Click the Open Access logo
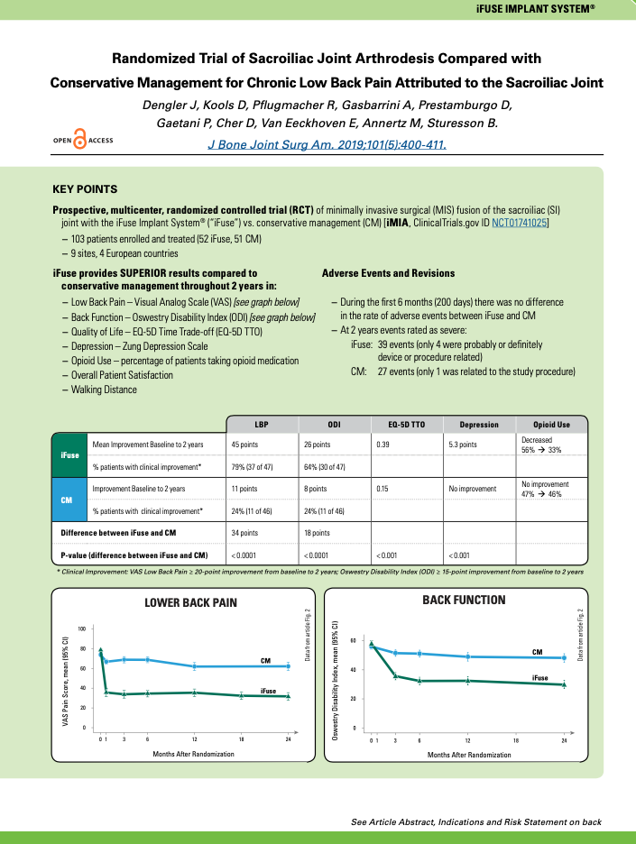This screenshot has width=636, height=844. pyautogui.click(x=83, y=141)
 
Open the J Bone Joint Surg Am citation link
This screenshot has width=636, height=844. pyautogui.click(x=327, y=143)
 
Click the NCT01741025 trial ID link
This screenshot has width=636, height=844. pyautogui.click(x=512, y=222)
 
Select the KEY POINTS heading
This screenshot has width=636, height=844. pyautogui.click(x=85, y=189)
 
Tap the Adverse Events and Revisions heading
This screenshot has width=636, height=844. pyautogui.click(x=388, y=273)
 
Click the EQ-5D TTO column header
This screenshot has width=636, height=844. pyautogui.click(x=407, y=424)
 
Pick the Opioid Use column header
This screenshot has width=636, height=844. pyautogui.click(x=551, y=424)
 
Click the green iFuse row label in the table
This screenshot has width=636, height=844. pyautogui.click(x=69, y=455)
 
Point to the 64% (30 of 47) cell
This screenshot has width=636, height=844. pyautogui.click(x=331, y=466)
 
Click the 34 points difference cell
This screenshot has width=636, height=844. pyautogui.click(x=244, y=533)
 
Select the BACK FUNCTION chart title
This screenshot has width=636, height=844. pyautogui.click(x=464, y=600)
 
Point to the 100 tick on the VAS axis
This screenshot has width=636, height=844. pyautogui.click(x=82, y=628)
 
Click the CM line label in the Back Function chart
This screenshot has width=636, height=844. pyautogui.click(x=537, y=651)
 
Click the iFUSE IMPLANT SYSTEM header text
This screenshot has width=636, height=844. pyautogui.click(x=560, y=7)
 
